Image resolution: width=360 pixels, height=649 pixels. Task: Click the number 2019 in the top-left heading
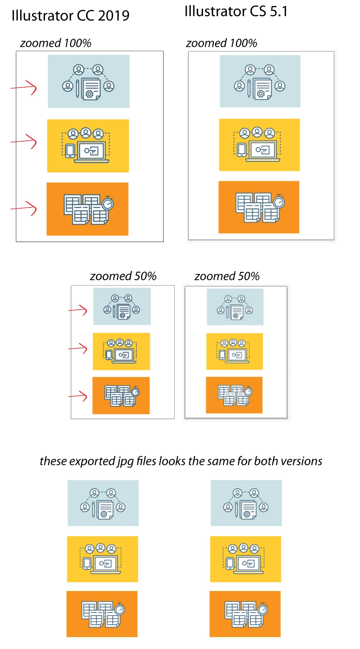(113, 15)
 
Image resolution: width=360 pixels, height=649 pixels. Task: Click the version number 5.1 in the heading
(279, 12)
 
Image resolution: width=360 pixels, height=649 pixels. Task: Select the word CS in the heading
(258, 12)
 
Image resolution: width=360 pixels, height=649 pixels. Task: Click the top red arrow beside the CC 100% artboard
(24, 88)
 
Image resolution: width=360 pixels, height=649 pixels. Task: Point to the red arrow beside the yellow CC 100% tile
(24, 141)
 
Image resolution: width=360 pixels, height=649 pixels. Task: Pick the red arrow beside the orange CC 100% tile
(24, 208)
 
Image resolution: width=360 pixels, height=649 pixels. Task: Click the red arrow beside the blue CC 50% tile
(78, 310)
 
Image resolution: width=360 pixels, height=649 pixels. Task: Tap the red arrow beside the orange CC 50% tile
(78, 396)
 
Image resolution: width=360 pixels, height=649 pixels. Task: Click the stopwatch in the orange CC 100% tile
(108, 203)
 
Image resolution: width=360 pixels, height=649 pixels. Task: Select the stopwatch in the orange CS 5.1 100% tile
(279, 202)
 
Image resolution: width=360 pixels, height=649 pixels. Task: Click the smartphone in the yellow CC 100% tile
(70, 150)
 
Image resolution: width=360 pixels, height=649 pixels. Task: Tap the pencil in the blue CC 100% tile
(77, 89)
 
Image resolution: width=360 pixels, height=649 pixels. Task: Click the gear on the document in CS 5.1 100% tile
(261, 94)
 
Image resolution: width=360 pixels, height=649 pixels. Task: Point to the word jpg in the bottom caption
(125, 461)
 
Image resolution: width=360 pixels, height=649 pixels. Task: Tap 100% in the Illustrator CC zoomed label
(78, 43)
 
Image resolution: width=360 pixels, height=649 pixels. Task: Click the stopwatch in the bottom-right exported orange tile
(263, 609)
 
